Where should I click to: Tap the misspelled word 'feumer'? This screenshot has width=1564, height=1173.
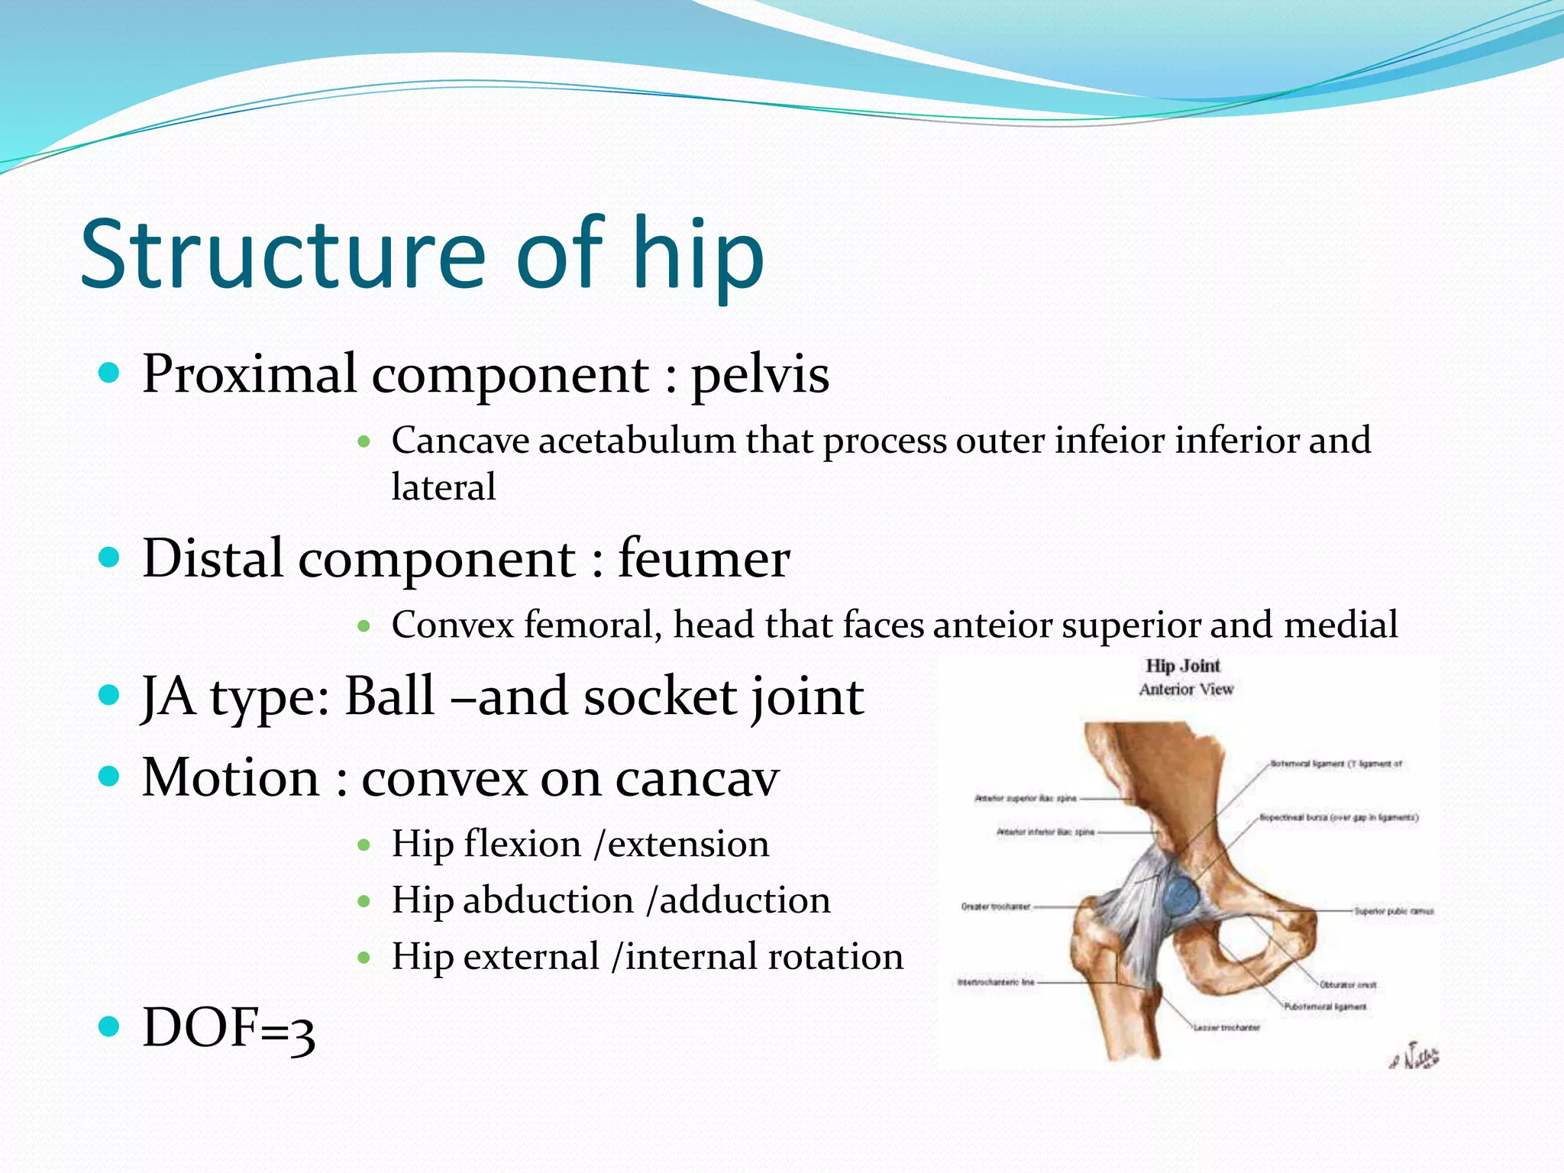(x=703, y=559)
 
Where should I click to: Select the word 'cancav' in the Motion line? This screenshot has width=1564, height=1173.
(x=696, y=779)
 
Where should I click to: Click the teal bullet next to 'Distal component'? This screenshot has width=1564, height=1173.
(x=110, y=557)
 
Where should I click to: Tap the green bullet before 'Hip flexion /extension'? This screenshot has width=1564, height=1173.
(x=364, y=845)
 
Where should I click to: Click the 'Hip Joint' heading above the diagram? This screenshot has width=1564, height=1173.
(x=1182, y=666)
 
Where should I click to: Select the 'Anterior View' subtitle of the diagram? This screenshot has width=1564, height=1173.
(x=1186, y=690)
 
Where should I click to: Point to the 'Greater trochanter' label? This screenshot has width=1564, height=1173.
(x=995, y=907)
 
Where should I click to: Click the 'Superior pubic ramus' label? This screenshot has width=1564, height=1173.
(x=1394, y=911)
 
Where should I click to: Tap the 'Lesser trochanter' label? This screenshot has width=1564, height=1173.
(x=1226, y=1028)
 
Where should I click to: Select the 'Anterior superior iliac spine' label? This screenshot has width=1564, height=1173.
(x=1025, y=799)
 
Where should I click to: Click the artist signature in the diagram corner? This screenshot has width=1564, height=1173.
(x=1415, y=1058)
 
